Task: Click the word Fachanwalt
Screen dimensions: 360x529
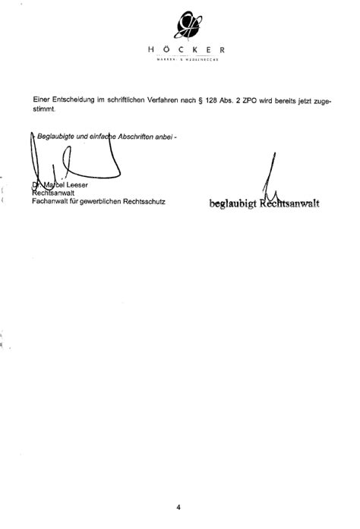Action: tap(52, 202)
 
